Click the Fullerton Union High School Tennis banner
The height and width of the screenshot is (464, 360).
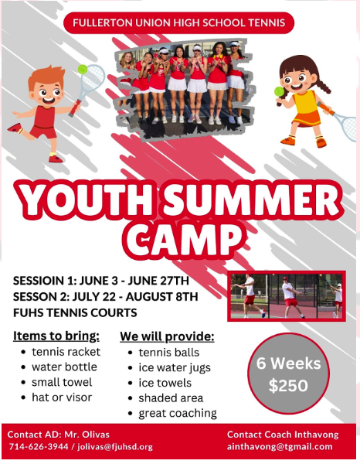178,22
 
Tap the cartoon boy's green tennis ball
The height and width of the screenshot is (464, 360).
83,70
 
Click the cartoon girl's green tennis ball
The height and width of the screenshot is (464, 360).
279,91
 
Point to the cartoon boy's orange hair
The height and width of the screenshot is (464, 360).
46,77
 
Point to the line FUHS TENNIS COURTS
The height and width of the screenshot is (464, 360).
75,312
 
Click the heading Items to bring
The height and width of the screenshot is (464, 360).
56,336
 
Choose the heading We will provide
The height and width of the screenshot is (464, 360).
167,336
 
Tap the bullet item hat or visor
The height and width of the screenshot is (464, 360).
62,397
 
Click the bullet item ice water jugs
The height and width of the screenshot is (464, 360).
175,368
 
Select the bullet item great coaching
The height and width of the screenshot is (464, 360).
178,414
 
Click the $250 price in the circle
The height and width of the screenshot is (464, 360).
288,386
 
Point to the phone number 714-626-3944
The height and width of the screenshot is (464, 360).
39,446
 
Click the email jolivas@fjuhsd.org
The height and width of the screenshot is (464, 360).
115,446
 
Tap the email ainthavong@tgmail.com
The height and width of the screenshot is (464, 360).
280,446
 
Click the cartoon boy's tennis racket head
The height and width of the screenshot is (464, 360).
93,77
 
